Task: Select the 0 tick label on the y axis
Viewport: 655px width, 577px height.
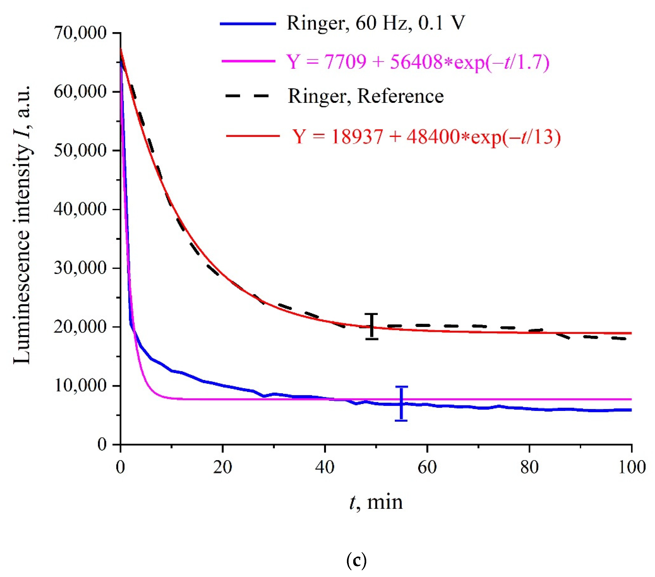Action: click(102, 444)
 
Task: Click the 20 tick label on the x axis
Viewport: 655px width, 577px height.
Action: click(222, 467)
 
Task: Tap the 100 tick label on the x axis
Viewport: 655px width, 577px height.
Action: click(631, 467)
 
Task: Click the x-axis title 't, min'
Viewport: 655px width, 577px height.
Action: click(376, 502)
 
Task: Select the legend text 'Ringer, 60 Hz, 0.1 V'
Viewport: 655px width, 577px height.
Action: click(376, 23)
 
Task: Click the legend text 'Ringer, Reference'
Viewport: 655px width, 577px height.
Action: click(365, 96)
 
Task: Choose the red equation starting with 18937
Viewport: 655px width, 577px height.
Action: click(426, 137)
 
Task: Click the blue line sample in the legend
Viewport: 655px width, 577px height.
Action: click(248, 23)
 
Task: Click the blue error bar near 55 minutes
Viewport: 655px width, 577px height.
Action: click(401, 404)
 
